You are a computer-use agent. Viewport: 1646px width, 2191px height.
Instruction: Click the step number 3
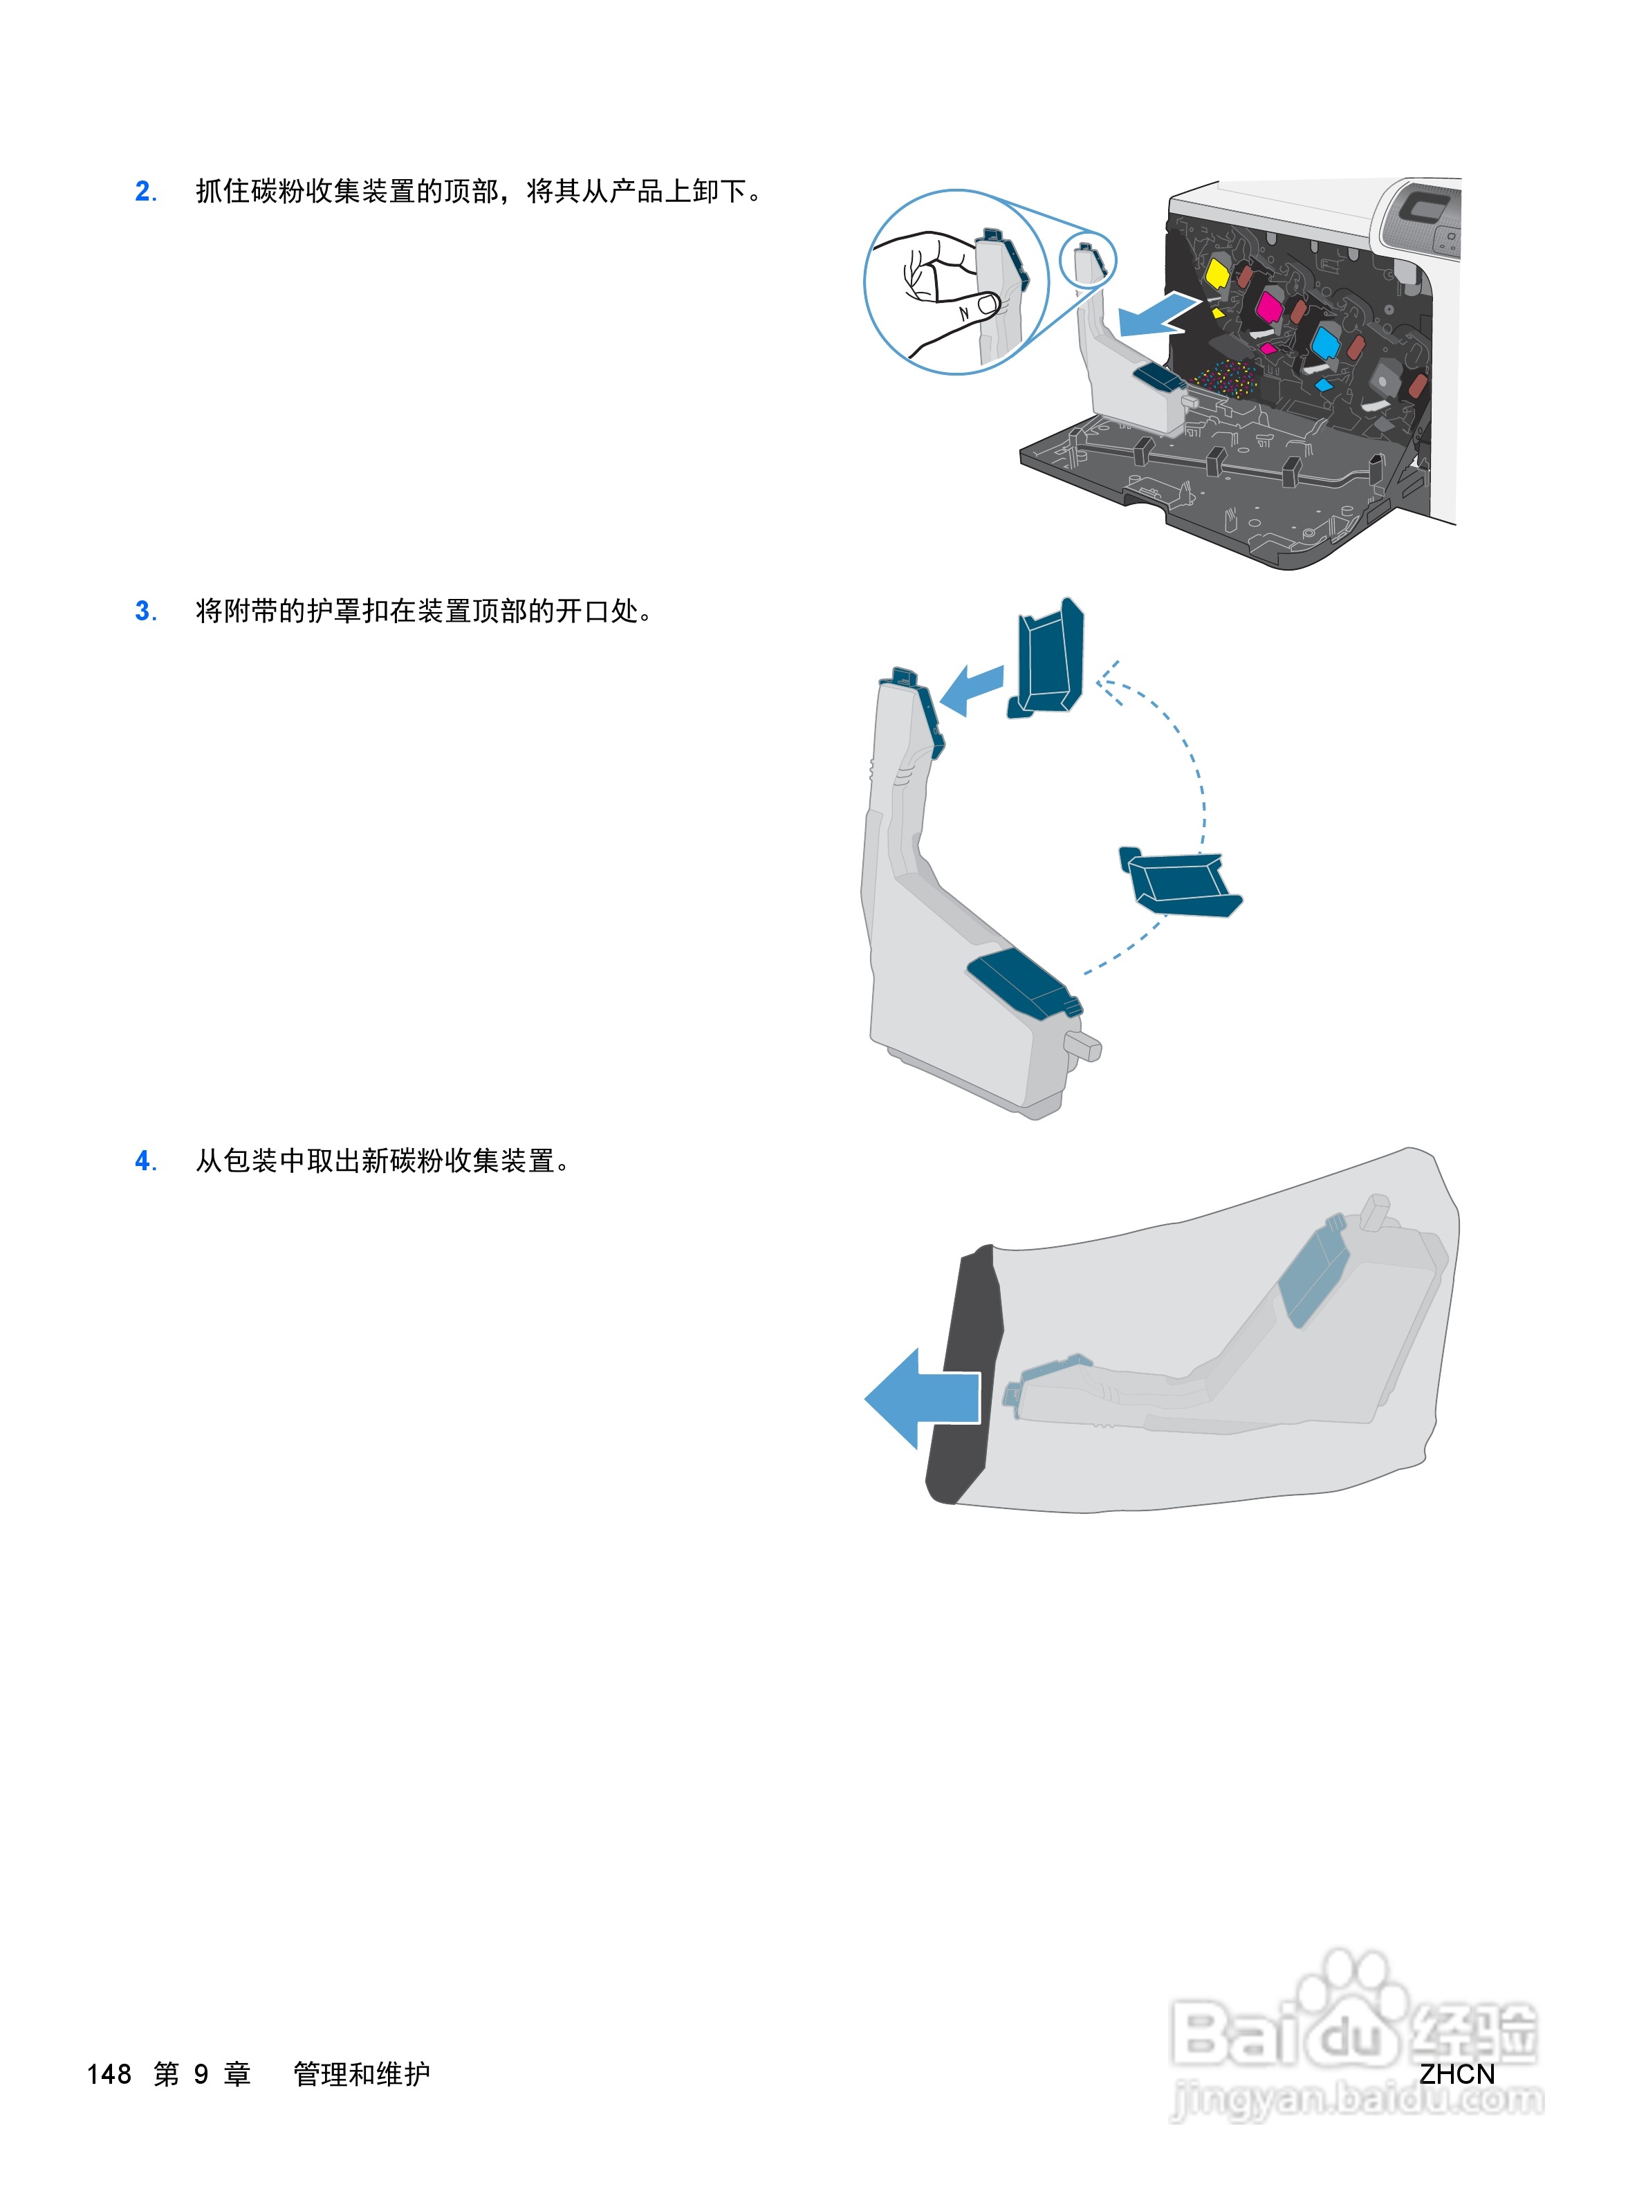145,612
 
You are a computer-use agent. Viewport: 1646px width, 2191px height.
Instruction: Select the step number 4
145,1161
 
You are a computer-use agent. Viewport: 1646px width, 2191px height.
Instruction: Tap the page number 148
109,2074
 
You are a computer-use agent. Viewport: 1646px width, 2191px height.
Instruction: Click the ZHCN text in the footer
1456,2074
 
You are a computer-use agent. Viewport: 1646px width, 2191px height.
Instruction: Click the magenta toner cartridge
1268,307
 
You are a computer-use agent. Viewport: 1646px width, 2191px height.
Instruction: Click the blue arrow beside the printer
1154,315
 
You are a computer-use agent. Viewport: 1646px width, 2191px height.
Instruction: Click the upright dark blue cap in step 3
1048,658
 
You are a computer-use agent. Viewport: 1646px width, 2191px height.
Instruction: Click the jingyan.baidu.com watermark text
1357,2098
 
